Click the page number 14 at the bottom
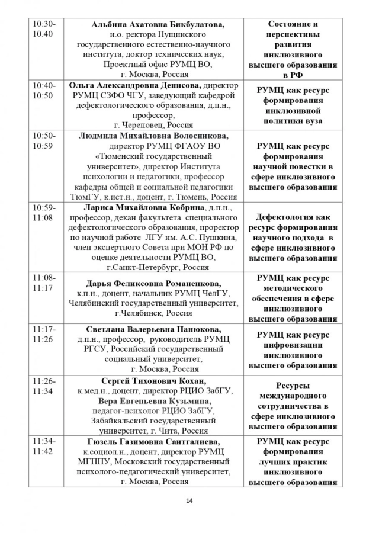pos(189,501)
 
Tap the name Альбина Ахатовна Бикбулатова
pos(159,24)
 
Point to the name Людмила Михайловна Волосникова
pos(153,135)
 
